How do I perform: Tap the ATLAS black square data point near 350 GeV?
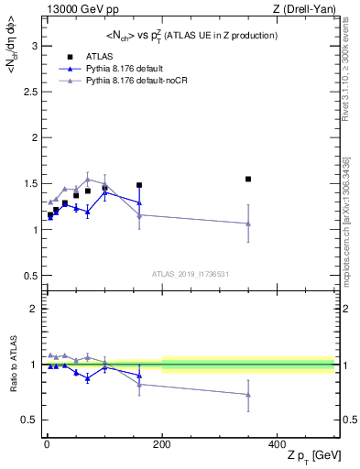click(248, 179)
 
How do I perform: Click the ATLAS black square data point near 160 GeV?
click(139, 185)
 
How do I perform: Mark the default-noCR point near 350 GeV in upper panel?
click(248, 224)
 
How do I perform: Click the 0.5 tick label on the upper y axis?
click(31, 276)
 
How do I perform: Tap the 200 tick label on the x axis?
click(162, 444)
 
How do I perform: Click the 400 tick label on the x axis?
click(278, 444)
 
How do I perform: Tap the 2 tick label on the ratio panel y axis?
click(35, 310)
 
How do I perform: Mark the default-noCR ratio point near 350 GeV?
click(248, 395)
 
